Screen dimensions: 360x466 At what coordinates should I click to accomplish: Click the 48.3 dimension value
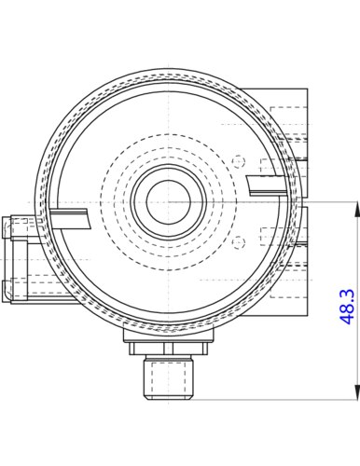pyautogui.click(x=347, y=307)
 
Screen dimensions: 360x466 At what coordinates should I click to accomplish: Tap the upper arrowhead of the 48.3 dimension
pyautogui.click(x=357, y=209)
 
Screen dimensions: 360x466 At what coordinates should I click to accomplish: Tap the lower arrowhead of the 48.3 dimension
pyautogui.click(x=357, y=392)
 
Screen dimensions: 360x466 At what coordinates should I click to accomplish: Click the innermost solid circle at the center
pyautogui.click(x=168, y=202)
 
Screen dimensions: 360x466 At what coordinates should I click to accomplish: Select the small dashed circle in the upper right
pyautogui.click(x=239, y=161)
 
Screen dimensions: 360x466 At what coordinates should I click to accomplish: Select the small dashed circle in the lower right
pyautogui.click(x=239, y=242)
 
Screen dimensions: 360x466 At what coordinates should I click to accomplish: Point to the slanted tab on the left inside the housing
pyautogui.click(x=70, y=219)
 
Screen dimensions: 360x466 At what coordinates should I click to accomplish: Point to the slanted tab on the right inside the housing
pyautogui.click(x=268, y=185)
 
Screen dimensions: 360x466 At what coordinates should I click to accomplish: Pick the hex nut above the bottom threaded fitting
pyautogui.click(x=168, y=349)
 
